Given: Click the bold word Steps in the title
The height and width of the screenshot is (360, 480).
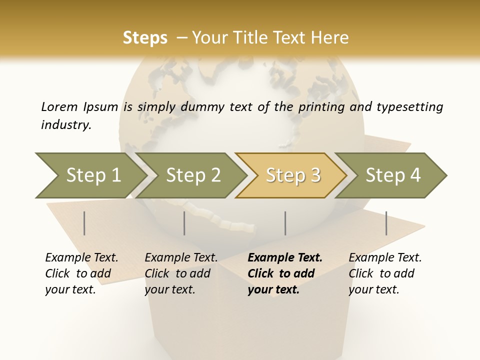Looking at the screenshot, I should (x=145, y=38).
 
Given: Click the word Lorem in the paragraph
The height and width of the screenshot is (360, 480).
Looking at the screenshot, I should (x=59, y=106).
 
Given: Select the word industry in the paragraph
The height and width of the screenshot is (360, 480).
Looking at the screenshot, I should (x=65, y=125).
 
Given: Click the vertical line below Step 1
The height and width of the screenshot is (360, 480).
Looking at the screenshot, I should (x=84, y=223).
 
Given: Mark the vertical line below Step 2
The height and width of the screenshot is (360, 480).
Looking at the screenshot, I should (x=184, y=223).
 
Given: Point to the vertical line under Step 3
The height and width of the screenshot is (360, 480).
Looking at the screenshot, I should (x=285, y=223).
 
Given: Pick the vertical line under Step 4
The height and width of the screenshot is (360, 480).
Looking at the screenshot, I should (x=386, y=223).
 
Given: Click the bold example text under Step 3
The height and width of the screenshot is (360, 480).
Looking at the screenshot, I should (x=284, y=273).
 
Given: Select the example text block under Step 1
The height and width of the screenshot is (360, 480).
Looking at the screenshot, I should (x=81, y=273).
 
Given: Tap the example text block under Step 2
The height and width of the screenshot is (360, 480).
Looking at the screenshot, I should (x=181, y=273).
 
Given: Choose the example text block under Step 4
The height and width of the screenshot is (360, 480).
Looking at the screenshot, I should (x=385, y=273).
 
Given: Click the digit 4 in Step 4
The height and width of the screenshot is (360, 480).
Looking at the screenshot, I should (x=415, y=175).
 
